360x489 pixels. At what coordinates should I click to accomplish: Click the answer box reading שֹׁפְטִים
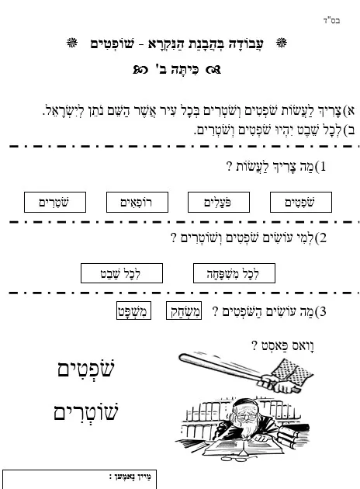point(301,203)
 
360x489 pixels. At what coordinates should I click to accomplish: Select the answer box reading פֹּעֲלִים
point(219,203)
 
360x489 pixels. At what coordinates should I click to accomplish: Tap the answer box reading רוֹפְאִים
point(137,203)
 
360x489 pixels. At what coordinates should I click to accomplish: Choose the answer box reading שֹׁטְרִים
point(55,203)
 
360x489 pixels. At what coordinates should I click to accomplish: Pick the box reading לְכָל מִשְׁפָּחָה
point(234,273)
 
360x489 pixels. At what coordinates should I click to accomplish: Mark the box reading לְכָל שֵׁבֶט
point(122,273)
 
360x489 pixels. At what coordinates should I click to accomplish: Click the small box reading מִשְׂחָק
point(184,310)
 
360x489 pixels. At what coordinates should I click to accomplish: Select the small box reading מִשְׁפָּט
point(133,310)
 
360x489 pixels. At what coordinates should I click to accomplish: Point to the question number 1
point(323,167)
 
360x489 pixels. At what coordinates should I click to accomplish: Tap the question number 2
point(323,238)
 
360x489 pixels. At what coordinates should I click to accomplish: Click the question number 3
point(323,311)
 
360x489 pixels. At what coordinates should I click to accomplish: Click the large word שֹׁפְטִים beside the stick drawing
point(86,369)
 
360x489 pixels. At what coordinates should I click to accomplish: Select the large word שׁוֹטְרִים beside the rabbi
point(86,411)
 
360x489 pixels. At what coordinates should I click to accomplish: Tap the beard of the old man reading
point(247,428)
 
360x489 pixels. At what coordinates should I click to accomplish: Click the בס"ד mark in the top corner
point(331,21)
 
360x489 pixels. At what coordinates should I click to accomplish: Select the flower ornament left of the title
point(72,43)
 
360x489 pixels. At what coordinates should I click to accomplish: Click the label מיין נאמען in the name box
point(130,477)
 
